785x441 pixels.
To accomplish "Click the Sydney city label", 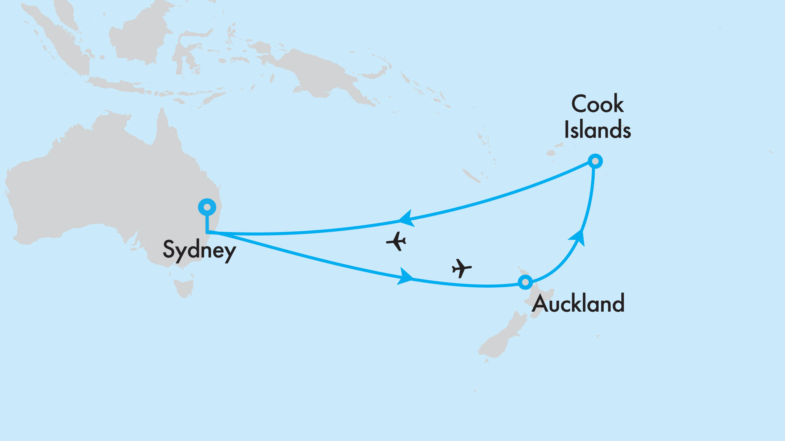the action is click(x=199, y=250).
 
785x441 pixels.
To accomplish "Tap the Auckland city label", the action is click(x=578, y=303).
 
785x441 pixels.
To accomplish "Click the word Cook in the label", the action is click(x=597, y=104).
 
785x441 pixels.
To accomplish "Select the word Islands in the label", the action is click(x=597, y=130).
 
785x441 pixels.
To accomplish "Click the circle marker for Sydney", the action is click(x=207, y=207).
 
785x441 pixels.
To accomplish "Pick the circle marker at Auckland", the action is click(x=525, y=282).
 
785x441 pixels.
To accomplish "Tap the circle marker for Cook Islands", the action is click(x=595, y=161).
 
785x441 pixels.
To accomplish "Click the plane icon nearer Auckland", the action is click(x=461, y=268).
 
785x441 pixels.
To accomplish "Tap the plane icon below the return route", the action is click(x=396, y=241).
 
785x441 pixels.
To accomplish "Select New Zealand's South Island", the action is click(x=500, y=337).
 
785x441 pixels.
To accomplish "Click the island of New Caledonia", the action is click(x=471, y=176).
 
